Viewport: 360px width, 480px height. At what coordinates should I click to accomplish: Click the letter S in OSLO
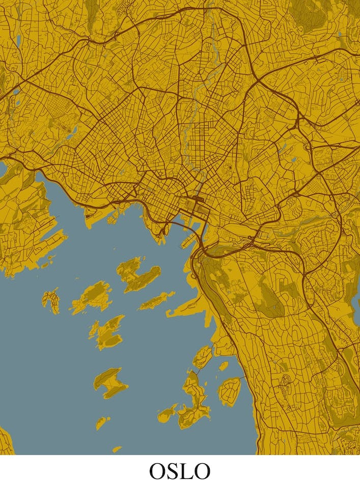(171, 470)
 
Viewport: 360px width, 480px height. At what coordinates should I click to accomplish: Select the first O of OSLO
(157, 470)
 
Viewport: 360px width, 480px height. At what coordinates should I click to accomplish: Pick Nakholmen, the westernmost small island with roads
(51, 300)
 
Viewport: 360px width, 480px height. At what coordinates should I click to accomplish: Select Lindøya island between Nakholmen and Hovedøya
(92, 297)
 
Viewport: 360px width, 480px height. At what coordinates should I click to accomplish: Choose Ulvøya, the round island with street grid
(229, 391)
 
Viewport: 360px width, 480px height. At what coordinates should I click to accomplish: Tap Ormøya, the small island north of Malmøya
(202, 357)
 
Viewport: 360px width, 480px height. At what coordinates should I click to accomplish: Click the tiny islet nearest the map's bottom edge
(117, 449)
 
